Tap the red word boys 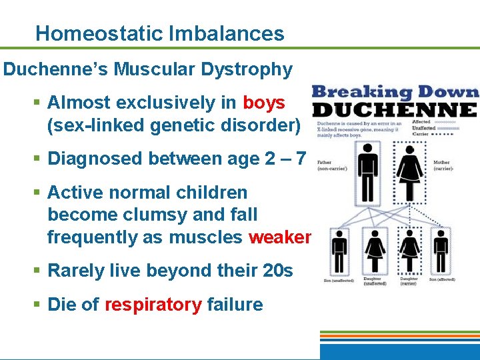(x=264, y=103)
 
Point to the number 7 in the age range (x=301, y=159)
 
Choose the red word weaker (x=279, y=237)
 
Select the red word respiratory (x=153, y=305)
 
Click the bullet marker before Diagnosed (x=39, y=159)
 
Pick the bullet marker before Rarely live (x=39, y=271)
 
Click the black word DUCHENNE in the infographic (x=395, y=109)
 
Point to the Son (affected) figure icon (x=441, y=250)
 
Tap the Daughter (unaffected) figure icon (x=375, y=250)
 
